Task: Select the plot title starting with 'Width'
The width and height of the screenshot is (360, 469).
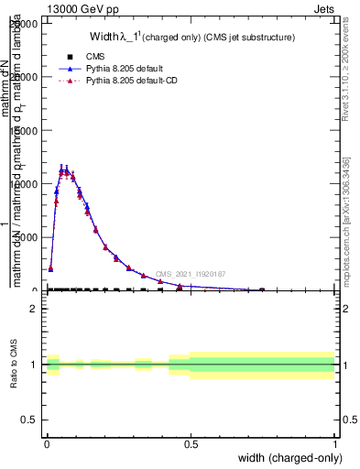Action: point(191,38)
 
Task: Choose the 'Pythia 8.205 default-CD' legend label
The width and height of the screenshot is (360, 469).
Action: point(134,82)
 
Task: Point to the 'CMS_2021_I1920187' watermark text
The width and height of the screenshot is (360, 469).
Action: point(190,274)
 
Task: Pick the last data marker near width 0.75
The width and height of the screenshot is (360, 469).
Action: point(262,289)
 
